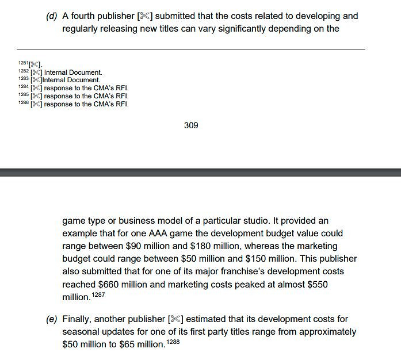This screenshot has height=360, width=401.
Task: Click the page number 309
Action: point(191,125)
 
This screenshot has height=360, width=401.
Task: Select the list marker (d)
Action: point(52,16)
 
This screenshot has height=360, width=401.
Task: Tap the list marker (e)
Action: point(52,319)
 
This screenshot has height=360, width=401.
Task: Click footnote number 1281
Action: point(23,63)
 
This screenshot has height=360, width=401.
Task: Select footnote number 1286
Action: point(23,104)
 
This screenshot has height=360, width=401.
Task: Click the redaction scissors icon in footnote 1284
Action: point(36,88)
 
